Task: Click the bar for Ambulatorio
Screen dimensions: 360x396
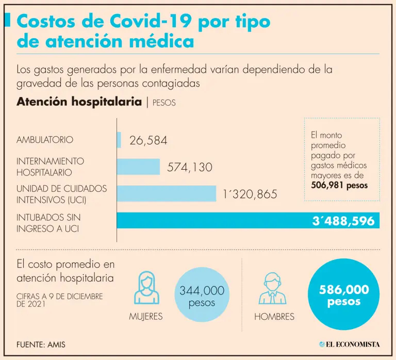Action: [x=119, y=140]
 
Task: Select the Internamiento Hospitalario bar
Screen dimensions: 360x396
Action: [x=138, y=167]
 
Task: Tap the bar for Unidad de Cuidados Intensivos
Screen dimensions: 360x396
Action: [x=166, y=193]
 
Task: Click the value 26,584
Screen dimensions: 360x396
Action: [x=148, y=140]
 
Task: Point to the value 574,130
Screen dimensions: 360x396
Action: [x=190, y=167]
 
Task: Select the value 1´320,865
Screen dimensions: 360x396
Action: [x=250, y=194]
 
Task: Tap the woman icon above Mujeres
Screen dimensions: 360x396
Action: [x=146, y=289]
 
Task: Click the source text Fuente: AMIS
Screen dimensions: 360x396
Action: [x=41, y=344]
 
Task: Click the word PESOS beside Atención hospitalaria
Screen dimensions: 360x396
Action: [x=164, y=103]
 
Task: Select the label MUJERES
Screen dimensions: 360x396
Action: [x=146, y=317]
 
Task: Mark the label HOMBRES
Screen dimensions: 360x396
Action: [x=274, y=317]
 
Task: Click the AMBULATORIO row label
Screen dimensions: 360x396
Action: [x=45, y=140]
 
